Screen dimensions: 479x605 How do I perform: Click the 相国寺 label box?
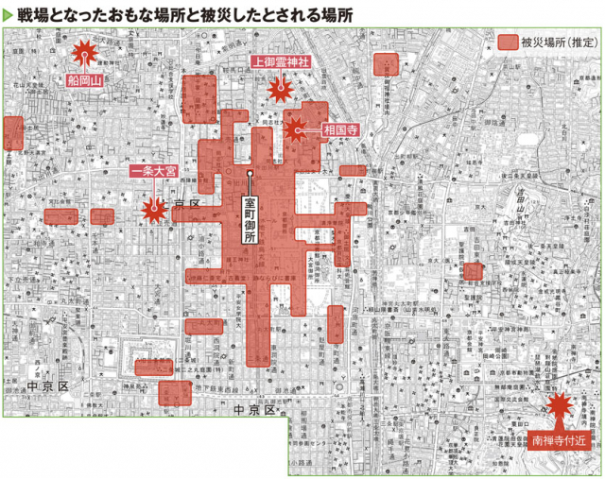339,130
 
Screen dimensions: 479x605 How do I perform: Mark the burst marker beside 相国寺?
297,129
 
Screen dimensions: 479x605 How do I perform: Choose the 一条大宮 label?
153,173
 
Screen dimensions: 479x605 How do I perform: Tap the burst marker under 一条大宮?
152,210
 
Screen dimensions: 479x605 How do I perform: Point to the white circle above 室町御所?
251,174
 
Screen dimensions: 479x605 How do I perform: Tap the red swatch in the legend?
509,43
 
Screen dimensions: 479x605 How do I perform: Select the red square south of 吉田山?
473,272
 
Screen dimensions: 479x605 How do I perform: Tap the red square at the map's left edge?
11,133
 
